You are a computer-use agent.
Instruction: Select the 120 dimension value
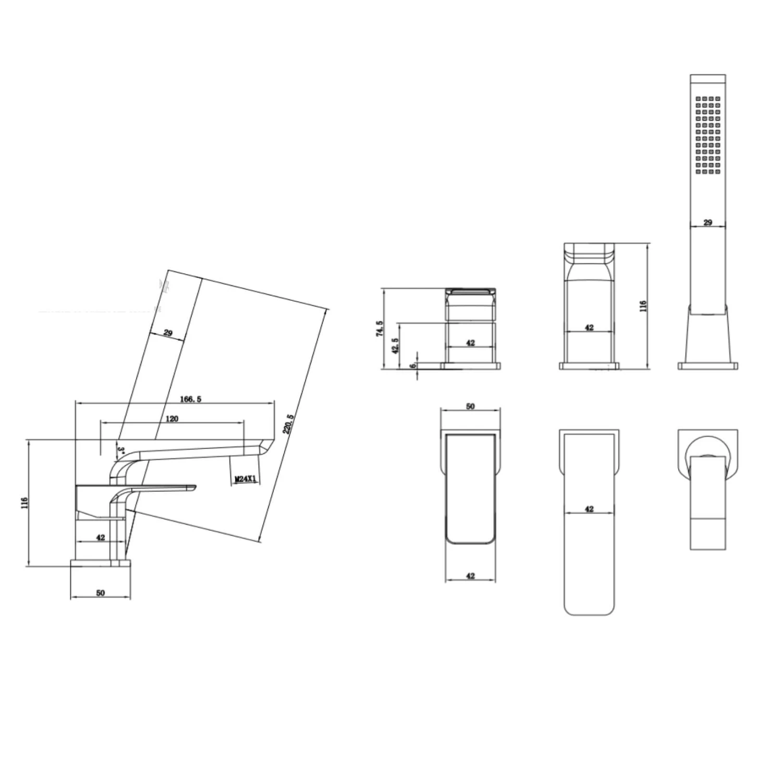point(172,419)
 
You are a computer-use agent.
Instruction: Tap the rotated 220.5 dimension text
point(289,424)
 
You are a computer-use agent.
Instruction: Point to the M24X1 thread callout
point(246,478)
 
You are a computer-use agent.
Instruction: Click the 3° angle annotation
point(120,449)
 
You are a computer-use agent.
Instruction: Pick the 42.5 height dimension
point(396,346)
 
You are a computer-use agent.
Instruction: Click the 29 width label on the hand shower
point(707,223)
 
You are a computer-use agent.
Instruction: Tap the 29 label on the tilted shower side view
point(168,333)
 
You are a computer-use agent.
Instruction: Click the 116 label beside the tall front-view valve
point(643,306)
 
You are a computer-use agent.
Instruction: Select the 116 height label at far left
point(24,503)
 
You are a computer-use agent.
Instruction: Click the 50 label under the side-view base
point(101,593)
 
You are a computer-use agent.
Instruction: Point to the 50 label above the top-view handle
point(470,407)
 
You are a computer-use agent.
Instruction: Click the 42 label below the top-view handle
point(470,576)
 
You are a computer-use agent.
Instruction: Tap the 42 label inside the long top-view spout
point(589,509)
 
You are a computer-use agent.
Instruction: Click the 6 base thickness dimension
point(413,366)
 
